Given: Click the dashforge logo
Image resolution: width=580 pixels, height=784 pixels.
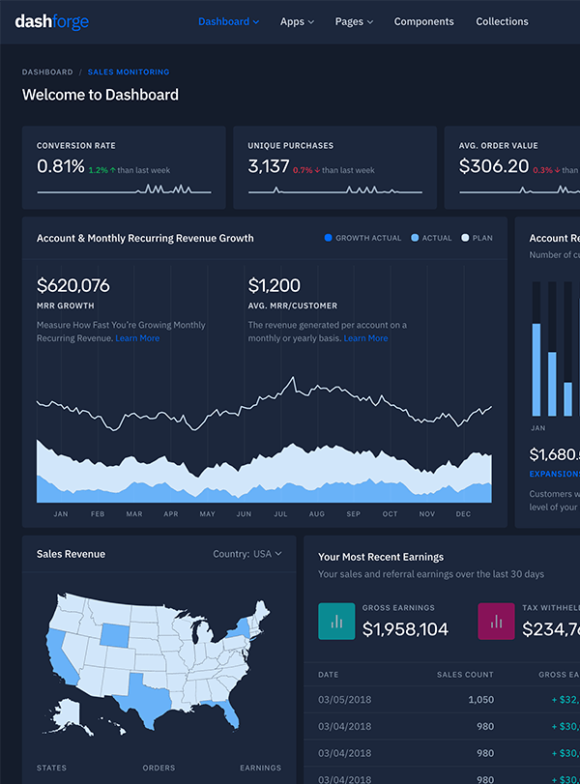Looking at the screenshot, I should coord(51,21).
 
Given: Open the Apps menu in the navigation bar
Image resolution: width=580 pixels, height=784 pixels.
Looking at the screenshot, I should coord(297,21).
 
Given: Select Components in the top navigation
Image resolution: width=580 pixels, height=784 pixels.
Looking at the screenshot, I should coord(423,21).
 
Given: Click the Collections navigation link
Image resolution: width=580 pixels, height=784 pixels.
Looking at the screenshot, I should coord(502,21).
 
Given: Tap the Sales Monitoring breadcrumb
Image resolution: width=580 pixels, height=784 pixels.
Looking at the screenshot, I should coord(128,73).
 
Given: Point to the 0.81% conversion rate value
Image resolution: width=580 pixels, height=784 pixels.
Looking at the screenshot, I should coord(61,166).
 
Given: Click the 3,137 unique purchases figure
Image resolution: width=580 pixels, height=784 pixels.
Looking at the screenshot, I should coord(269,166).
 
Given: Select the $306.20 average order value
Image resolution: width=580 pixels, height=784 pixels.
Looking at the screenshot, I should coord(494,166).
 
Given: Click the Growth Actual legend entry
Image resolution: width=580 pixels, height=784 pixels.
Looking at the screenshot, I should coord(362,238).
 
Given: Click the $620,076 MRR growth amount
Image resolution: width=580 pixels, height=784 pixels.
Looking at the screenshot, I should coord(73,285).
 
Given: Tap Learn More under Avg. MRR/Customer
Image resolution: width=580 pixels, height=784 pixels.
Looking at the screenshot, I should coord(365,338).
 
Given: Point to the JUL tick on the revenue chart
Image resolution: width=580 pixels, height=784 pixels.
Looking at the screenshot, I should coord(280,514).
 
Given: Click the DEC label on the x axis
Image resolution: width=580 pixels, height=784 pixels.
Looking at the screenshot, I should coord(463,514).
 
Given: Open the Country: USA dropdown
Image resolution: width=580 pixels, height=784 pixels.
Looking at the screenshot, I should coord(247,554).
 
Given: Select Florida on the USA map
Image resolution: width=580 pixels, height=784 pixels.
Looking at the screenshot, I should coord(229,714).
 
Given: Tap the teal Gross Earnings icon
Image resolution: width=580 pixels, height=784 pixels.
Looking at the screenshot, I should coord(336,621).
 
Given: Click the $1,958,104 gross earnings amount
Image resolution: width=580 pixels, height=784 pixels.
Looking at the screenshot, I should coord(405,629).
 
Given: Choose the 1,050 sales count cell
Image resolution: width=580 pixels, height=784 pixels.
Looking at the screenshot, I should coord(480,699).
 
